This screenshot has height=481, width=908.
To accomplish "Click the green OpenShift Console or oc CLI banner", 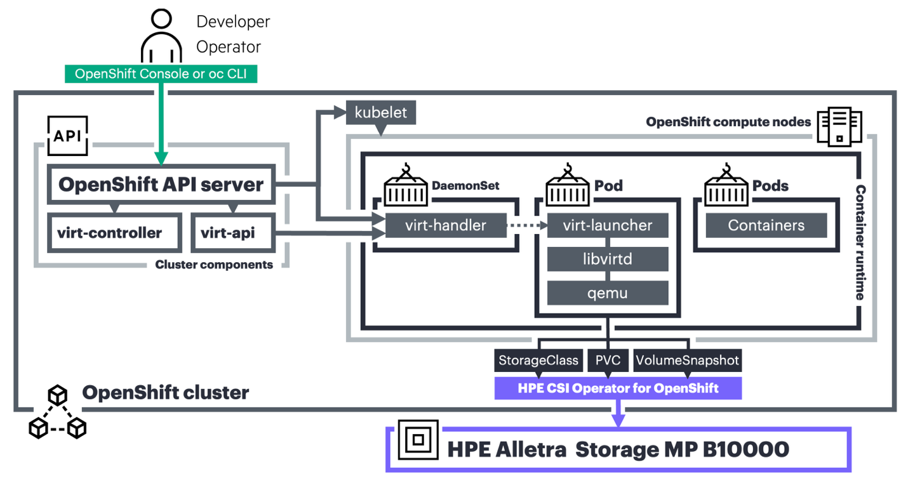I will [x=161, y=74].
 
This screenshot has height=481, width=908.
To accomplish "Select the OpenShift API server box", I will [x=161, y=185].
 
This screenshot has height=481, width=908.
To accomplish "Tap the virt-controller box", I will [x=110, y=233].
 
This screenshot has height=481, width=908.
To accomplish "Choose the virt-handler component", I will [x=446, y=225].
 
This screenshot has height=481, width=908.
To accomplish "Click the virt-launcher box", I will [x=608, y=225].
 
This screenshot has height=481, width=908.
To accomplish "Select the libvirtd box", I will [x=608, y=259].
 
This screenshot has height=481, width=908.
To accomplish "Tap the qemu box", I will [x=608, y=293].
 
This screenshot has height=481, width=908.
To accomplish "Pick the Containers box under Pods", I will [x=766, y=225].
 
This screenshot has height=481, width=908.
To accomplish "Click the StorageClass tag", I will [x=538, y=360].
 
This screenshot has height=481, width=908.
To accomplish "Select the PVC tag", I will [x=608, y=360].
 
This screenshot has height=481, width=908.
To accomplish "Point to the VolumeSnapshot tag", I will [x=687, y=360].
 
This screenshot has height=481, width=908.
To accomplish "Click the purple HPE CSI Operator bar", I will [x=618, y=388].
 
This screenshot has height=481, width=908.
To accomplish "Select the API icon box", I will [x=67, y=136].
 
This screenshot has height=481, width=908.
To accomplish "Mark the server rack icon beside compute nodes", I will [x=839, y=127].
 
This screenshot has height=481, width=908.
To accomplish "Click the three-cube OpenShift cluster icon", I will [x=58, y=412].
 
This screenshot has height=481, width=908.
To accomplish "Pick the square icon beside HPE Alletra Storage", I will [x=418, y=439].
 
